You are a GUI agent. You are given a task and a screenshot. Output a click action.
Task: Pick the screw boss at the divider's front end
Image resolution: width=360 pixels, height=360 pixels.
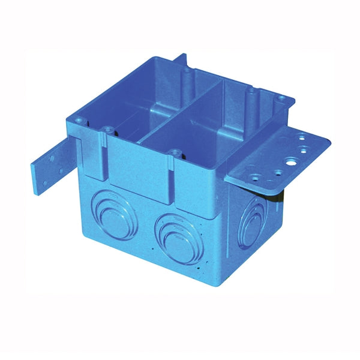175,153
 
